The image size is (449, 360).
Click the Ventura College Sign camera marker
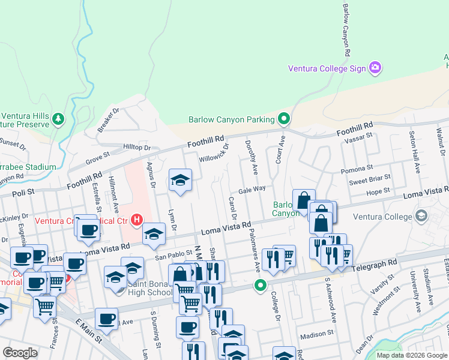point(376,68)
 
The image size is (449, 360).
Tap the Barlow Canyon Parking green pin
point(285,119)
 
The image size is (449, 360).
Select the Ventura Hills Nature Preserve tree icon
point(58,119)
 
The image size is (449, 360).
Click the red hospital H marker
point(137,220)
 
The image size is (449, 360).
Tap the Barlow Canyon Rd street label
point(346,29)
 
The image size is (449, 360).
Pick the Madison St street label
point(316,334)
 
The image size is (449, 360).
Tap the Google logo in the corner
point(20,353)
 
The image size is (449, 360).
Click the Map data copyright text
point(412,355)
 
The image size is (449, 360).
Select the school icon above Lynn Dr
point(179,182)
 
